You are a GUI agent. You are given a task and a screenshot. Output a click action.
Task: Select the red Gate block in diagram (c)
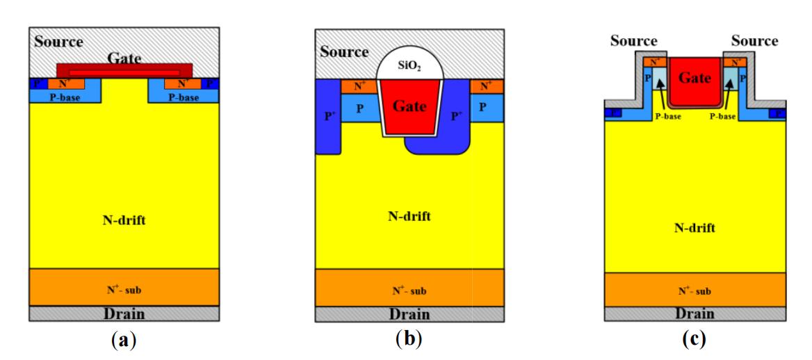[695, 80]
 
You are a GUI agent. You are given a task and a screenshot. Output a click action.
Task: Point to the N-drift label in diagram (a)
[124, 220]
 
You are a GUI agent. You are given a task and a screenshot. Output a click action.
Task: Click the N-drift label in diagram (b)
[409, 215]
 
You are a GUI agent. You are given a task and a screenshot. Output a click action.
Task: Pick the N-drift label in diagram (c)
[695, 228]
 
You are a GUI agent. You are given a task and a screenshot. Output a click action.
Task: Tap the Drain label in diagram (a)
[124, 314]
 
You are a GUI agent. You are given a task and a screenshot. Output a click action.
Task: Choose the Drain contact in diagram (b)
[409, 314]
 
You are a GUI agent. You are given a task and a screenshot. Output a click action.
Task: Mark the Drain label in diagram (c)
[695, 314]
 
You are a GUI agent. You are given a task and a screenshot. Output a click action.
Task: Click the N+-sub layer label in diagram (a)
[124, 289]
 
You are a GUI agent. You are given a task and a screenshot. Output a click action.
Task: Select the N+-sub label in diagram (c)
[695, 291]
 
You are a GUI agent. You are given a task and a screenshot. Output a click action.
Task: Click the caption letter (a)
[124, 340]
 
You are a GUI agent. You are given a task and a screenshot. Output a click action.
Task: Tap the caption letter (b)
[409, 340]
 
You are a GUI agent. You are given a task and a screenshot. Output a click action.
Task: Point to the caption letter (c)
[695, 340]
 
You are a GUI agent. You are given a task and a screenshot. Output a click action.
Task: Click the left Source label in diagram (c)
[633, 41]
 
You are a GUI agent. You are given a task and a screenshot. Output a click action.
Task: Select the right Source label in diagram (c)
[754, 41]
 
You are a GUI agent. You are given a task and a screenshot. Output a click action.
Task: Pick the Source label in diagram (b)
[344, 52]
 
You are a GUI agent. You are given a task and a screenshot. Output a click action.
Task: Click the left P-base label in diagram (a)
[65, 97]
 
